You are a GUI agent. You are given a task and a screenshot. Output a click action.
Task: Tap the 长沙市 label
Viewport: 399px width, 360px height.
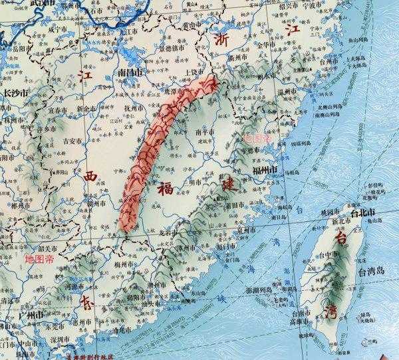(x=17, y=95)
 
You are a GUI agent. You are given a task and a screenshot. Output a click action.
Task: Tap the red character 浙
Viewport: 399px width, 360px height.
(x=223, y=40)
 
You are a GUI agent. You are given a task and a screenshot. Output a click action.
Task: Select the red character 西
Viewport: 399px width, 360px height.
(x=91, y=176)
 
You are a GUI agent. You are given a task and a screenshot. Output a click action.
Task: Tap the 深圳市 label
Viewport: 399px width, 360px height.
(x=41, y=341)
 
